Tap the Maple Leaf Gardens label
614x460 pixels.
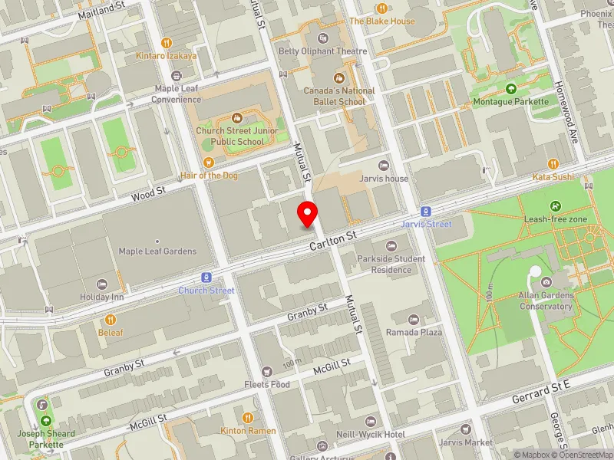pyautogui.click(x=157, y=251)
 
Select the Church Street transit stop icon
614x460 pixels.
pyautogui.click(x=206, y=278)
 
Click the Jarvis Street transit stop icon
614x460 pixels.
pyautogui.click(x=424, y=211)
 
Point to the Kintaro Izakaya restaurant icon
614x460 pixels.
pyautogui.click(x=167, y=43)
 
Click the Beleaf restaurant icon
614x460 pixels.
pyautogui.click(x=111, y=320)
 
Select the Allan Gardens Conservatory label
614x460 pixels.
pyautogui.click(x=546, y=301)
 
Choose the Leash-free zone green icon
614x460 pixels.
pyautogui.click(x=555, y=206)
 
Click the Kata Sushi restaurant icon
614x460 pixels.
pyautogui.click(x=553, y=164)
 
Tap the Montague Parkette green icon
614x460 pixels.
pyautogui.click(x=511, y=89)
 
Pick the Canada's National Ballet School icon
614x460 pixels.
pyautogui.click(x=338, y=77)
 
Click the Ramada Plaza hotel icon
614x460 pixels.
pyautogui.click(x=414, y=319)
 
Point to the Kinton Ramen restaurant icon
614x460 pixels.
pyautogui.click(x=248, y=418)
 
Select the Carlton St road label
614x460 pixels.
pyautogui.click(x=334, y=244)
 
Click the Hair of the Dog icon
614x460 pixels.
pyautogui.click(x=210, y=163)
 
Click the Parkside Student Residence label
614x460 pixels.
pyautogui.click(x=391, y=264)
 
